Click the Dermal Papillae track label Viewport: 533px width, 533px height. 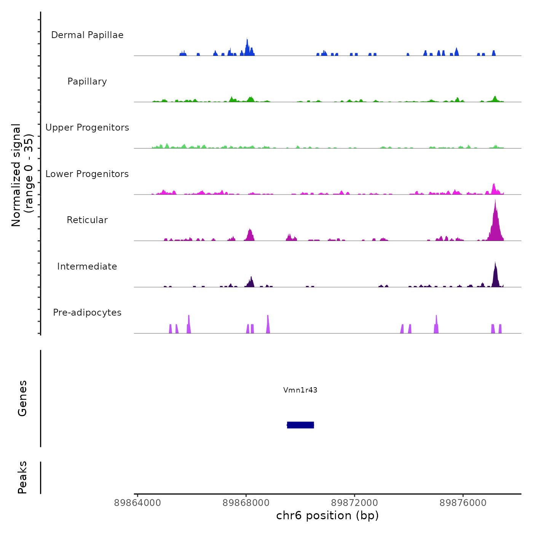87,35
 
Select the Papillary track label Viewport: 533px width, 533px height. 87,81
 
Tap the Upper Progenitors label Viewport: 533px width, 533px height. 87,128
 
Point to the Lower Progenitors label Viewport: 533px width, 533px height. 87,174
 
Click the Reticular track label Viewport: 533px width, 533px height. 87,220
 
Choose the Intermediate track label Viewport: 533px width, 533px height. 87,266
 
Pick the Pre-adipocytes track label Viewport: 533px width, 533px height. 87,313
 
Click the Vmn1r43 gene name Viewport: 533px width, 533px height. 300,390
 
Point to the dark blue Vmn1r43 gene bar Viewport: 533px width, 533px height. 300,425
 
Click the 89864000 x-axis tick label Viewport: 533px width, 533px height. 137,503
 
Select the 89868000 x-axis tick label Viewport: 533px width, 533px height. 246,503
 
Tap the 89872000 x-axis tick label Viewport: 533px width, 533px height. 354,503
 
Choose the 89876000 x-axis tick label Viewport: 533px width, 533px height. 463,503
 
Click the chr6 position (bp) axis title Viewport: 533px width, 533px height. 327,516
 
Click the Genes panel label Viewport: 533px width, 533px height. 22,398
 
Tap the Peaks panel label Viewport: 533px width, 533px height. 22,477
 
